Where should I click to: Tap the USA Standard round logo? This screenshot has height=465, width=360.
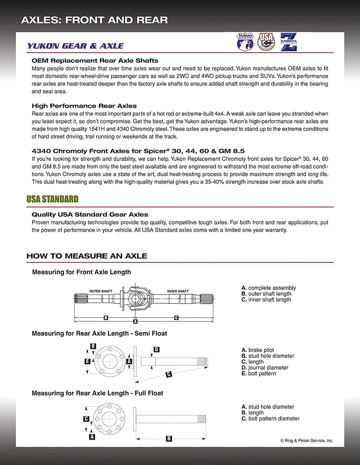point(266,42)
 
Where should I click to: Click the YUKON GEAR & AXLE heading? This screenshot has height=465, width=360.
point(75,46)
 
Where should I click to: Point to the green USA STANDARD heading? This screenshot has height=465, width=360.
point(52,199)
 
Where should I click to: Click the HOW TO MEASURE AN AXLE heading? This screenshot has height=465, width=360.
point(86,256)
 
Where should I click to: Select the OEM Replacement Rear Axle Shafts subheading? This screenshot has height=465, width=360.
point(95,60)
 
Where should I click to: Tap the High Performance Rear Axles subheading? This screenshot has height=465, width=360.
point(84,106)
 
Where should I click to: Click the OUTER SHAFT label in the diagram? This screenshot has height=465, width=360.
point(100,291)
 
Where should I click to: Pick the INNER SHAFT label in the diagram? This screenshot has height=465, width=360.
point(178,291)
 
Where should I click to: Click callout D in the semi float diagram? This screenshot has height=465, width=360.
point(156,349)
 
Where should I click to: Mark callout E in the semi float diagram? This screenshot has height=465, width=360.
point(87,361)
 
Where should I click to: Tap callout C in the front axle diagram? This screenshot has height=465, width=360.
point(176,317)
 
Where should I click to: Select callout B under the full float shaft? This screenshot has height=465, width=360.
point(169,438)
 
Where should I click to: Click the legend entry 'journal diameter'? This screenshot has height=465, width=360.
point(268,368)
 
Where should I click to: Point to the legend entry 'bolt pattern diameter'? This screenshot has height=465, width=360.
point(274,419)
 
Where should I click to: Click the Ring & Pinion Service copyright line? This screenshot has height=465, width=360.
point(306,440)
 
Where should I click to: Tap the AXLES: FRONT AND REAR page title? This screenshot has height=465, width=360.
point(95,20)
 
